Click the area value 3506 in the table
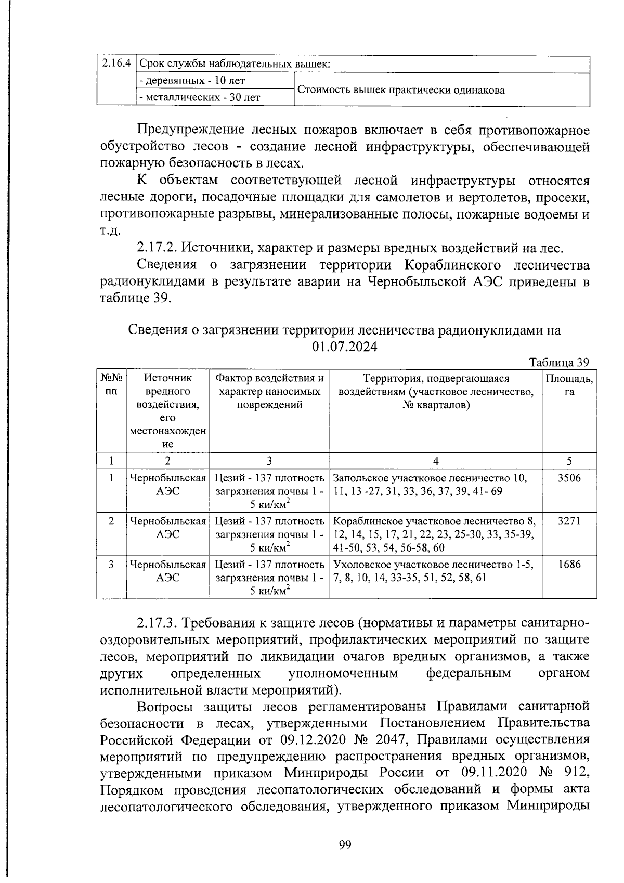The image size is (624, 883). pos(569,478)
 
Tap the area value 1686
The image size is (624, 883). pos(569,564)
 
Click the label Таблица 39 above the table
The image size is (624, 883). pos(559,363)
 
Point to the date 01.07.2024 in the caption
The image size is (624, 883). pos(345,347)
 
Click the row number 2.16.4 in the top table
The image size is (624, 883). pos(115,63)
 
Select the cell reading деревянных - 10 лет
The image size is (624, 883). pos(192,81)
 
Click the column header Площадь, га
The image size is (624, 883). pos(569,385)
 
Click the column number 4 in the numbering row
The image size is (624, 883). pos(436,460)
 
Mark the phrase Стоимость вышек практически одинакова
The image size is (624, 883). pos(400,89)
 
